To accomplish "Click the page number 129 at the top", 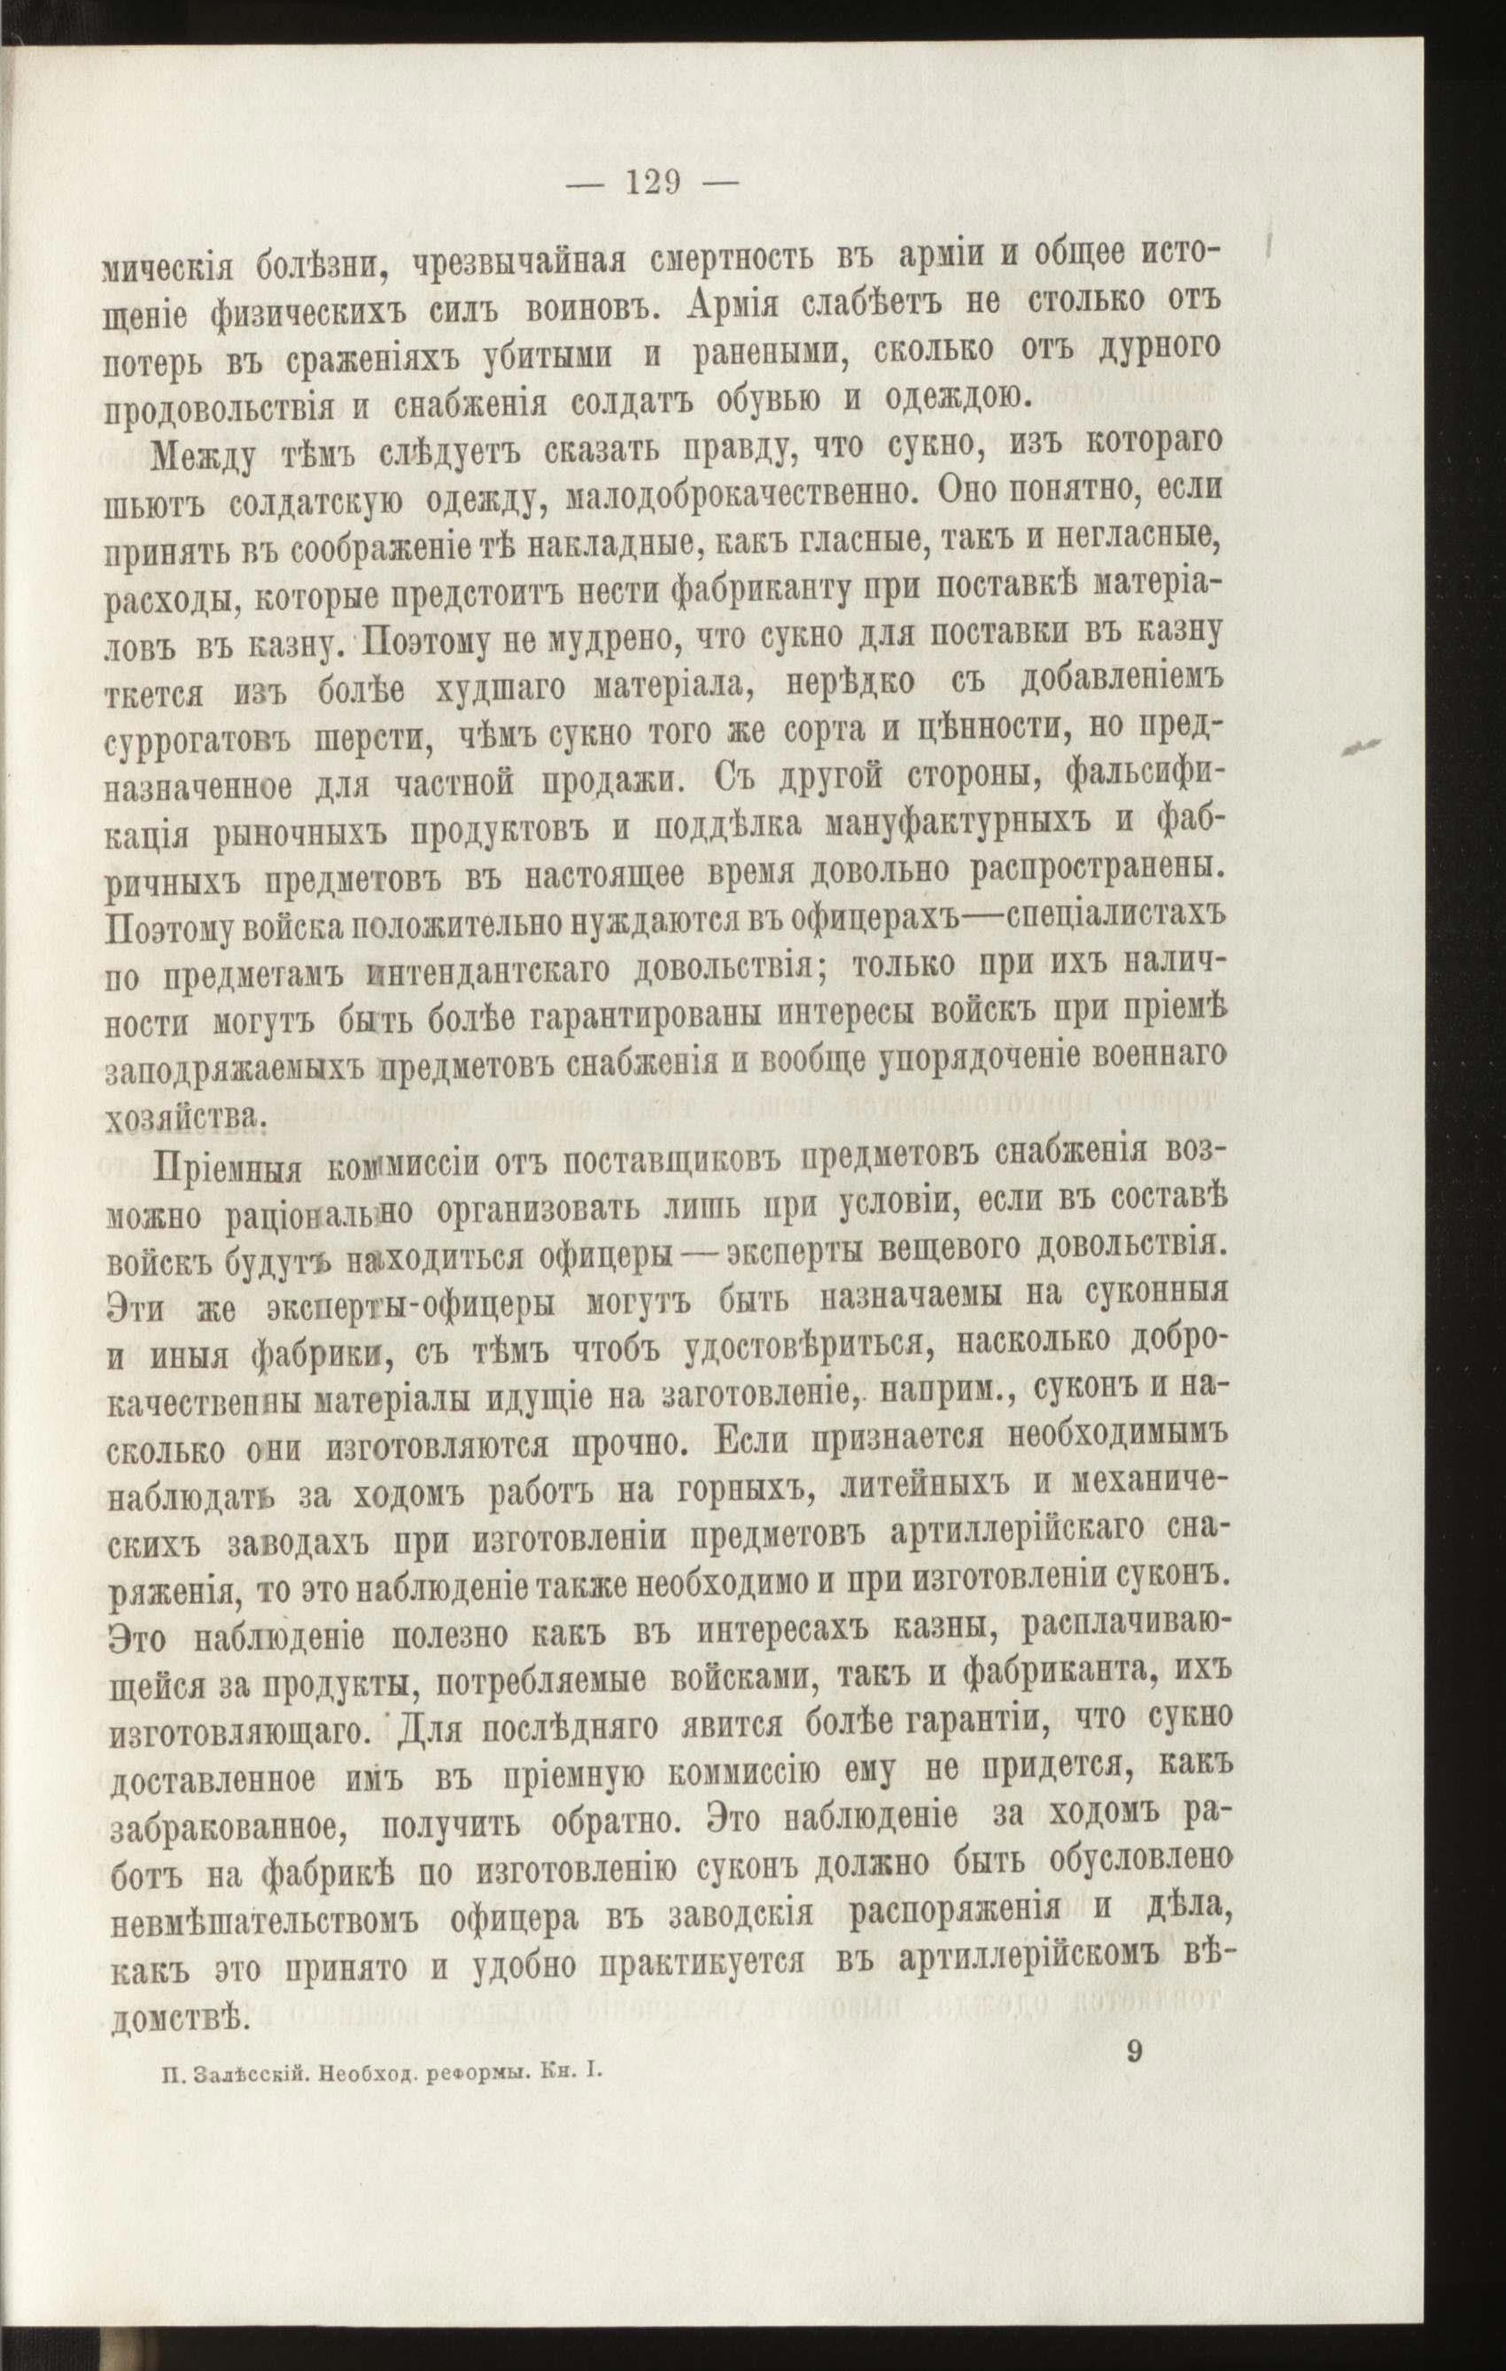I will pyautogui.click(x=654, y=183).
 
